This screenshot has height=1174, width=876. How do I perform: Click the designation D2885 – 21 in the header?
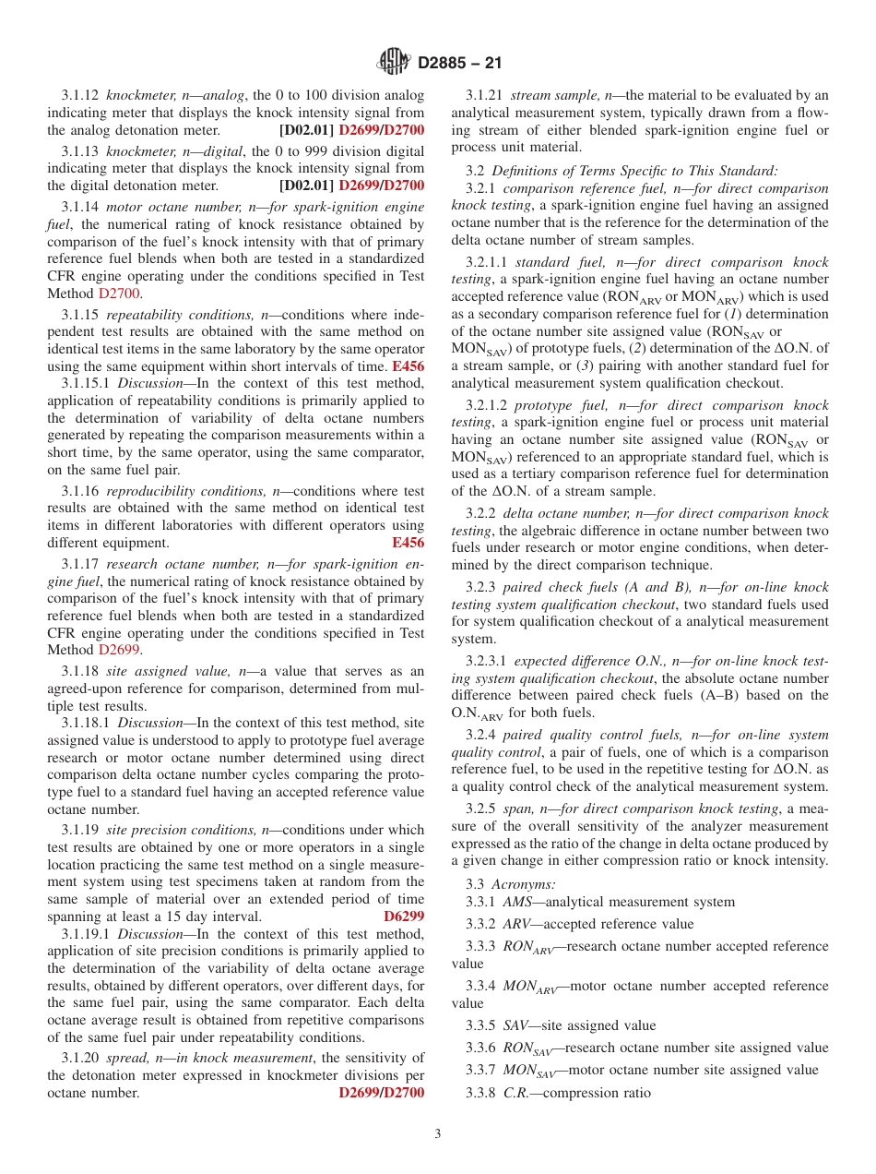(x=459, y=64)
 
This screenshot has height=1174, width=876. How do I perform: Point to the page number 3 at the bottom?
(x=437, y=1133)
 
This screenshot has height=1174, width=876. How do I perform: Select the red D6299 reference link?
(x=404, y=916)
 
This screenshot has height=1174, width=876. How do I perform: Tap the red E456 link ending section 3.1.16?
(x=408, y=543)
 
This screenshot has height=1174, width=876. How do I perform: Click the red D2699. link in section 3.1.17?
(x=119, y=650)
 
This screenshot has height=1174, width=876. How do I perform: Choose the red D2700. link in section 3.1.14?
(x=121, y=293)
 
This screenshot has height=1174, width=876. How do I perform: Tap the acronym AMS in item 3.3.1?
(x=517, y=902)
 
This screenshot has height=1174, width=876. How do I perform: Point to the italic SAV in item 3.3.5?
(x=515, y=1025)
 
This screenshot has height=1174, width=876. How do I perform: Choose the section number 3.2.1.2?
(x=487, y=405)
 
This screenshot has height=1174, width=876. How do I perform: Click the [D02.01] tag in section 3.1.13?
(x=307, y=186)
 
